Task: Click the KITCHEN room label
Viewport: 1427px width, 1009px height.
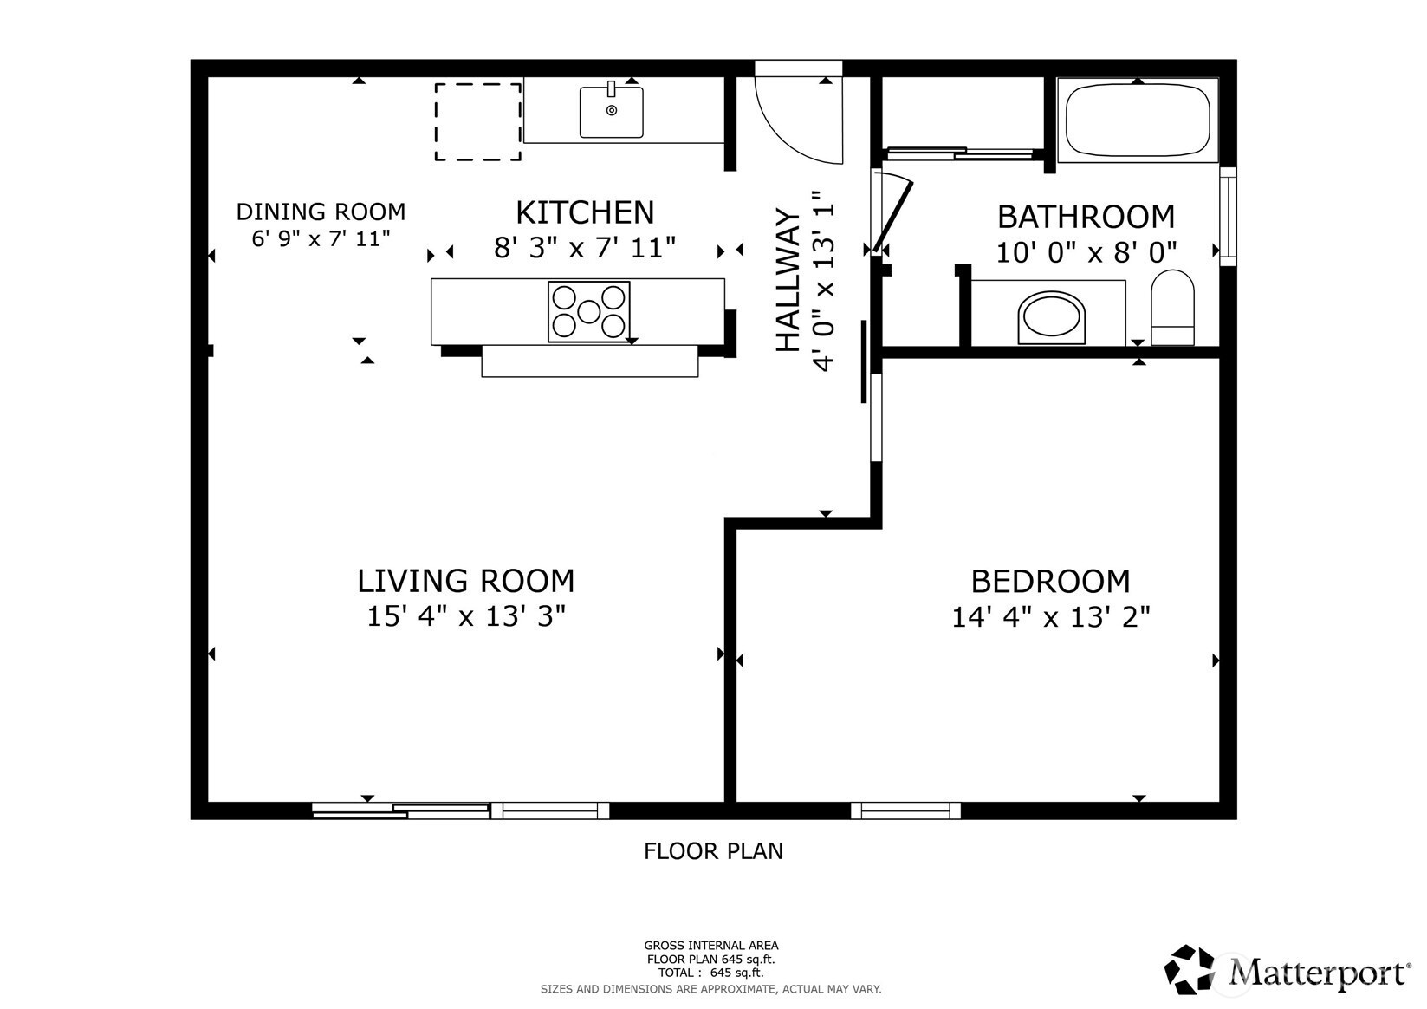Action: pyautogui.click(x=585, y=212)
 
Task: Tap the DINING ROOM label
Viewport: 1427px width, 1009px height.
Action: pyautogui.click(x=321, y=212)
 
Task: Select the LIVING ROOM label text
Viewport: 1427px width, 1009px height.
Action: pyautogui.click(x=465, y=581)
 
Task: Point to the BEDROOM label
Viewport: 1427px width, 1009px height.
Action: pyautogui.click(x=1050, y=582)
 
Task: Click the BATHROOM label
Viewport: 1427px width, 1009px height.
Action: pyautogui.click(x=1086, y=217)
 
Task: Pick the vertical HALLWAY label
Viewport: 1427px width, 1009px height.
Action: pyautogui.click(x=788, y=281)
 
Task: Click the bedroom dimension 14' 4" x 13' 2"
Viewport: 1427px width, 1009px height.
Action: pyautogui.click(x=1050, y=617)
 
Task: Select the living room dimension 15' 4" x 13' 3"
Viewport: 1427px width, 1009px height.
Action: pyautogui.click(x=465, y=616)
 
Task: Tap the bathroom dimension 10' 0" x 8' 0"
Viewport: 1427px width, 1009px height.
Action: pyautogui.click(x=1086, y=252)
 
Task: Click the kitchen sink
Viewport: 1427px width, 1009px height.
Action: pyautogui.click(x=611, y=112)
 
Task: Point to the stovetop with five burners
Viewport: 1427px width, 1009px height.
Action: pyautogui.click(x=588, y=312)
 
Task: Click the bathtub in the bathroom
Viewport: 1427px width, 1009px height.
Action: pyautogui.click(x=1137, y=120)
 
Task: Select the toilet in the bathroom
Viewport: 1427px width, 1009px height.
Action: pyautogui.click(x=1172, y=307)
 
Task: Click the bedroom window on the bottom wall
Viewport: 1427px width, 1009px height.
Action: pyautogui.click(x=905, y=810)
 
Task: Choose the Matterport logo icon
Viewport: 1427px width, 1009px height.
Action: pyautogui.click(x=1188, y=969)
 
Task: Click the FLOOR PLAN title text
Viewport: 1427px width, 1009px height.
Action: pyautogui.click(x=713, y=851)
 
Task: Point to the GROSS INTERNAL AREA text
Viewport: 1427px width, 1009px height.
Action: pyautogui.click(x=711, y=946)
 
